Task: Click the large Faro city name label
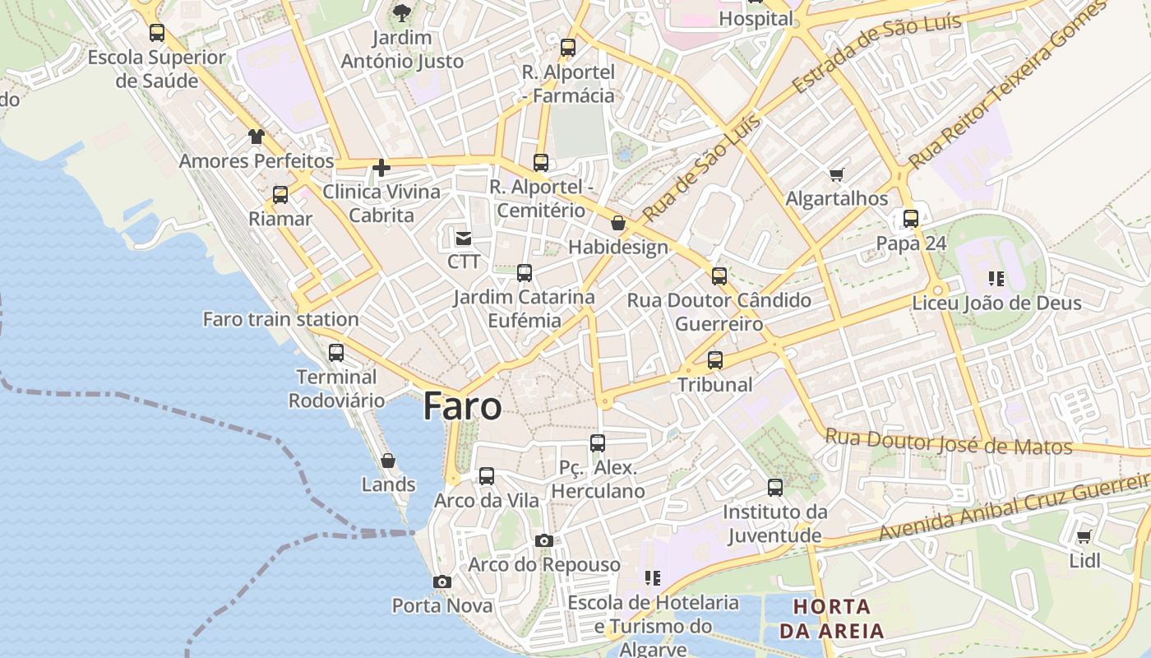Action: [462, 406]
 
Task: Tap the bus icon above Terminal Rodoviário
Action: [336, 353]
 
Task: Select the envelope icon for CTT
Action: [464, 239]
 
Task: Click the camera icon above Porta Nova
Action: [442, 582]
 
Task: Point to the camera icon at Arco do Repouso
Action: [543, 540]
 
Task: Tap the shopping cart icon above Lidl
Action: [1084, 537]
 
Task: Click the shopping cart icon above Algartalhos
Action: [837, 174]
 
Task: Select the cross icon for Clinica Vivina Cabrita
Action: [381, 168]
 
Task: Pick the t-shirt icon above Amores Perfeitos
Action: [257, 137]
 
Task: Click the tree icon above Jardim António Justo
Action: [402, 12]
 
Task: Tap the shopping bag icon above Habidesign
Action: [618, 223]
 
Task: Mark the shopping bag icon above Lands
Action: [388, 461]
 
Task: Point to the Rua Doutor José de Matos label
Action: [949, 442]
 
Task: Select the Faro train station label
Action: [280, 319]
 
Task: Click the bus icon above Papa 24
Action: [911, 219]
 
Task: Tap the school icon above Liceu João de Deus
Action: [996, 279]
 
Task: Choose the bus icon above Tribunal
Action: [715, 360]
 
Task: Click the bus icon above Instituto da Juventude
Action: [775, 488]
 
